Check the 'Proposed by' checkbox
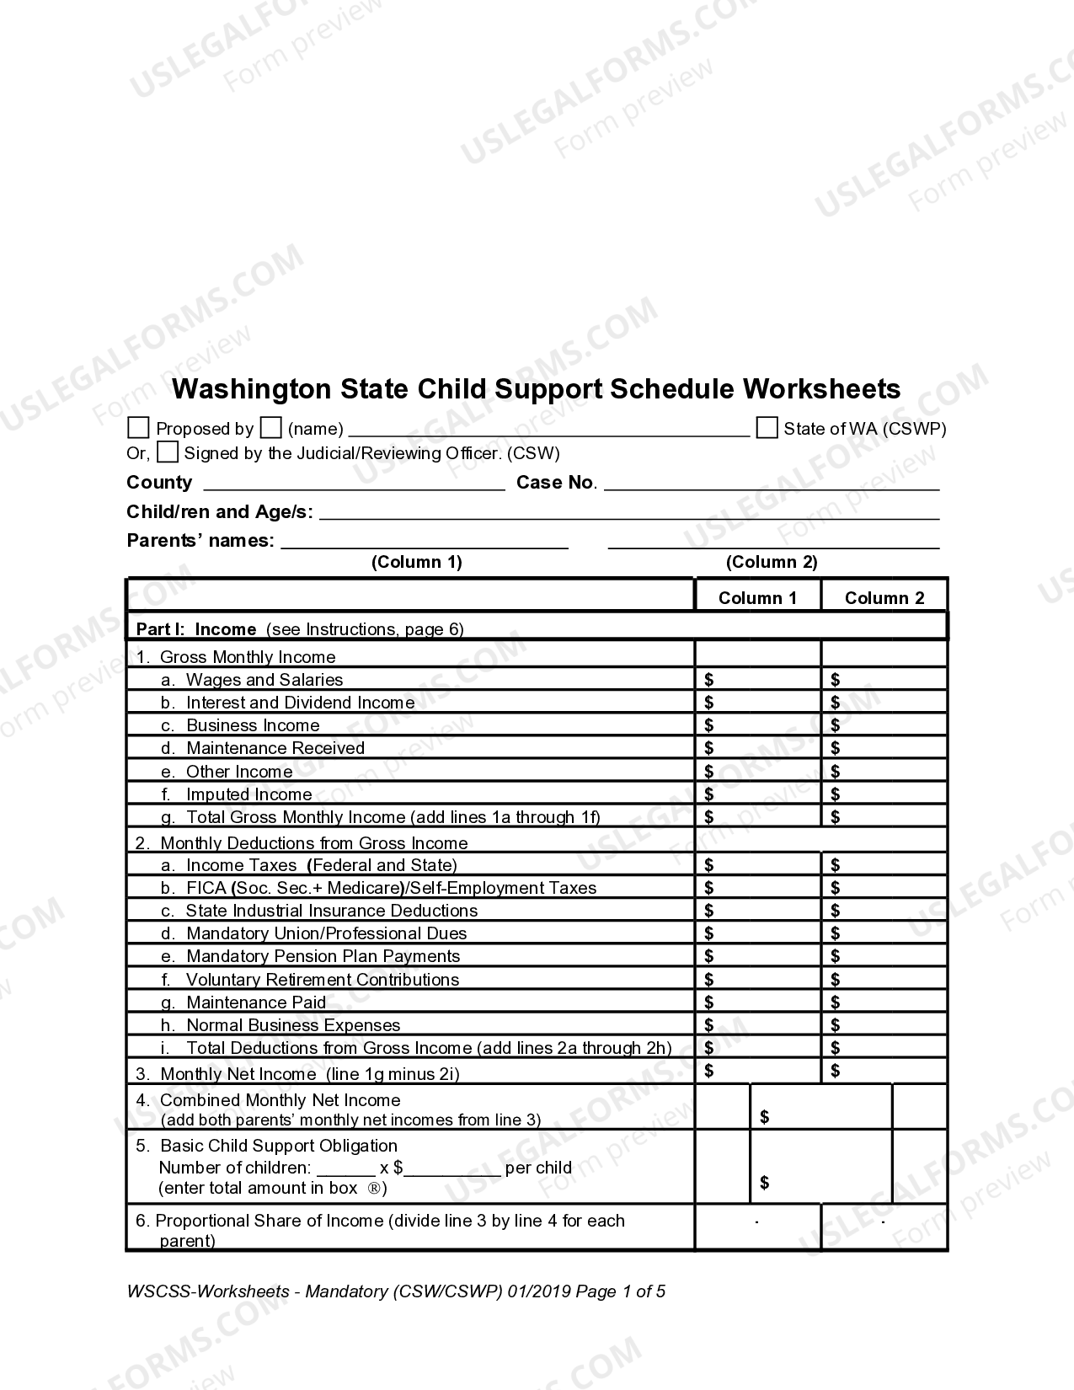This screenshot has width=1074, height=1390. (x=138, y=428)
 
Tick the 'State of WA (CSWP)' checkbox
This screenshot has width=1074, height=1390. (x=767, y=428)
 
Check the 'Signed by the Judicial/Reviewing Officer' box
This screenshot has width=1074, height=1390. (x=168, y=452)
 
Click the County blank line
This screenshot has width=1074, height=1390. (x=354, y=483)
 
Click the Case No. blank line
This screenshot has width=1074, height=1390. (x=771, y=483)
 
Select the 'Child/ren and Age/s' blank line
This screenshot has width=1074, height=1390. (x=628, y=512)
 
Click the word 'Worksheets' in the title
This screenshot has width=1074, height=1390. (x=821, y=388)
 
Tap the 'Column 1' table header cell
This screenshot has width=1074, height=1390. (x=757, y=598)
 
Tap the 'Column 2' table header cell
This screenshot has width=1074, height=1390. (x=884, y=598)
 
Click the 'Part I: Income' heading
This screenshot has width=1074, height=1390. (x=196, y=629)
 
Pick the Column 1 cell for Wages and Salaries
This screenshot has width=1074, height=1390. (x=757, y=679)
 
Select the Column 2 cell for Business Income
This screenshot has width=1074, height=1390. (x=884, y=724)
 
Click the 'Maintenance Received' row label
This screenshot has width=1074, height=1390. (x=275, y=748)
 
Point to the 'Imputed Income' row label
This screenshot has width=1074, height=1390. (x=248, y=794)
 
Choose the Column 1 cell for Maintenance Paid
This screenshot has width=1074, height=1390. (x=757, y=1002)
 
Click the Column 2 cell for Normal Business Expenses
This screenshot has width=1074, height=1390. (x=884, y=1024)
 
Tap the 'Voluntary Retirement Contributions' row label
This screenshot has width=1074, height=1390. (x=322, y=979)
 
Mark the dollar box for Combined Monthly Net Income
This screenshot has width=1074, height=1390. (x=820, y=1107)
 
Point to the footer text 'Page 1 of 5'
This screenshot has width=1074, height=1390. (x=620, y=1291)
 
